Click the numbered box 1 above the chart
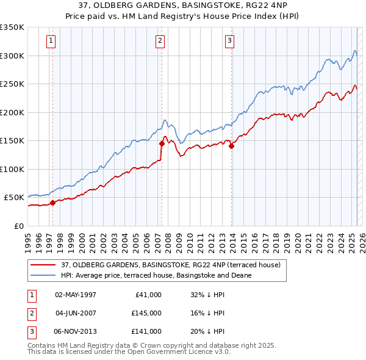pos(50,41)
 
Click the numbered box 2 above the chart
pos(160,41)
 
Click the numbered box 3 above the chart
pos(229,41)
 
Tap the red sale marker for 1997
pos(52,203)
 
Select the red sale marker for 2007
pos(162,143)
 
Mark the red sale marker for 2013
pos(232,146)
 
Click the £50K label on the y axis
pos(14,198)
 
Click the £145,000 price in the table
pos(146,313)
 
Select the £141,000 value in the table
pos(146,331)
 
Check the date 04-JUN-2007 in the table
pos(76,313)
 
